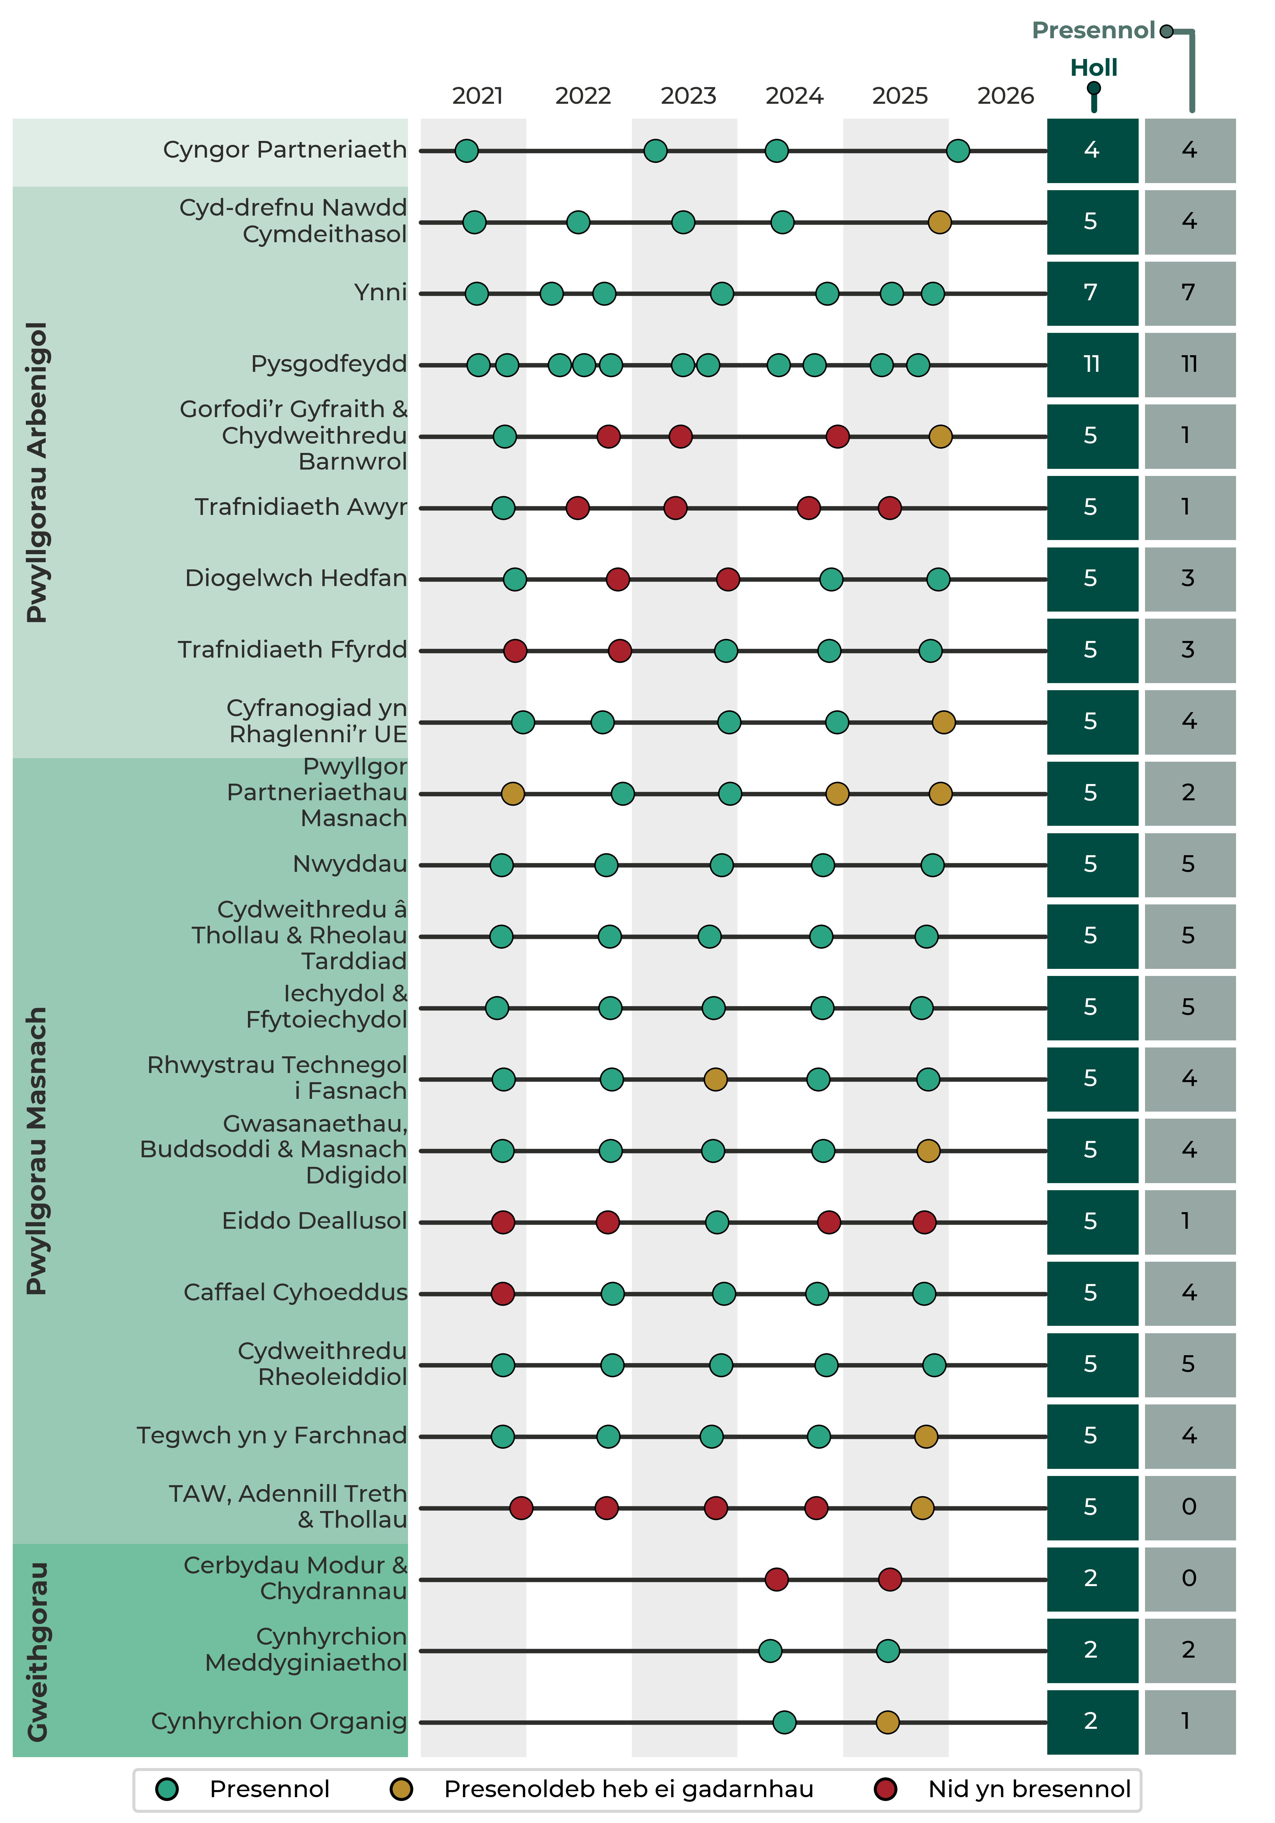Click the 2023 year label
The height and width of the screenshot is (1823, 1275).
[x=688, y=96]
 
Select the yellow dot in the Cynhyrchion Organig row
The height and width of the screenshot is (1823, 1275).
[x=888, y=1722]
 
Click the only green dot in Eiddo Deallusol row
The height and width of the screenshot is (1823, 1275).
[x=717, y=1222]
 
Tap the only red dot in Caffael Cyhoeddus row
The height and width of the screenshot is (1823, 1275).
[x=503, y=1293]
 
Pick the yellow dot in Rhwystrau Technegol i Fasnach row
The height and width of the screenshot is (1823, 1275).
[x=715, y=1079]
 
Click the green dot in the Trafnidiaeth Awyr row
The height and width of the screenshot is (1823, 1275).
[x=503, y=507]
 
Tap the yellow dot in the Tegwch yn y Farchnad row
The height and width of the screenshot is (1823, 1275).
[x=926, y=1436]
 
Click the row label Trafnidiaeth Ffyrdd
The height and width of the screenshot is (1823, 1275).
[x=292, y=649]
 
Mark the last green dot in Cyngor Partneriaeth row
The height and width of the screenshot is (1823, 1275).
[x=958, y=150]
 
